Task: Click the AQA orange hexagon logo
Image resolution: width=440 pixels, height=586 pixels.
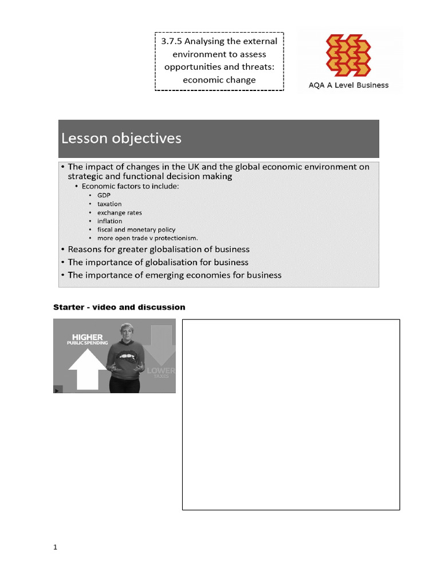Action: [x=348, y=56]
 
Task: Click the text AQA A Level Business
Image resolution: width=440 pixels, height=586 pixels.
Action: [x=348, y=85]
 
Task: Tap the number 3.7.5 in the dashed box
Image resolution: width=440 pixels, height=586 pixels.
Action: [x=171, y=41]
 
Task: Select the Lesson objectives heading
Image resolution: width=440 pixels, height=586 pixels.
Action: [x=121, y=138]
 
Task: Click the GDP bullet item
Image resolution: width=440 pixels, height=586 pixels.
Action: [x=104, y=195]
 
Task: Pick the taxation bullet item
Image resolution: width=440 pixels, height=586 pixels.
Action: [x=109, y=204]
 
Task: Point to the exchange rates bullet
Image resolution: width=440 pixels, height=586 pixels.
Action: [x=119, y=212]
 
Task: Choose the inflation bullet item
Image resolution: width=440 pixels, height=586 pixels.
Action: [x=109, y=221]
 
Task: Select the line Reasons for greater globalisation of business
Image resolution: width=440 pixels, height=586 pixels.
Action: [x=159, y=250]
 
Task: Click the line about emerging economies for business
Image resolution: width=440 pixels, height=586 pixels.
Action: [x=175, y=275]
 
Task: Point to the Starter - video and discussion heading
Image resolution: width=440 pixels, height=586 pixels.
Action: [x=119, y=307]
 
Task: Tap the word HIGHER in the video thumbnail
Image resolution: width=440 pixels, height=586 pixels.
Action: [x=87, y=337]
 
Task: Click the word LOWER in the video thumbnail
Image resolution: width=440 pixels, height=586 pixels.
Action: [x=161, y=371]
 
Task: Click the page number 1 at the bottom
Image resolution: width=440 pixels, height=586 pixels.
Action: [x=56, y=547]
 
